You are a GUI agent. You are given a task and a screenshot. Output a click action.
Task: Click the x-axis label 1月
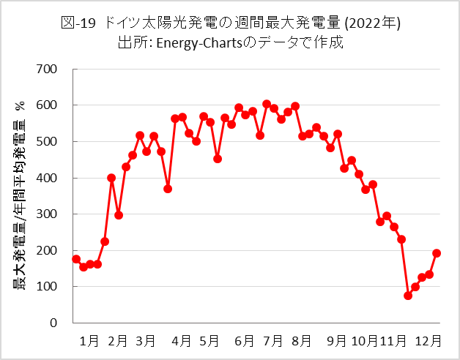(90, 340)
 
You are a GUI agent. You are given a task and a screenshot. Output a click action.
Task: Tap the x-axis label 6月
(245, 340)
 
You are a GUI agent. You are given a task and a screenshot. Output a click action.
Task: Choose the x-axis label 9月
(337, 340)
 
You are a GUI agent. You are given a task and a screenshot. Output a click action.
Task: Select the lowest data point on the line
(408, 296)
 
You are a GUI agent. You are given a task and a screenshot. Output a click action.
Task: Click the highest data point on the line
(267, 104)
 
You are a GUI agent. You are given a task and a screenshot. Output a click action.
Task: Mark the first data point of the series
(76, 259)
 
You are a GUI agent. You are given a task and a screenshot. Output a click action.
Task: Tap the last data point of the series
(437, 253)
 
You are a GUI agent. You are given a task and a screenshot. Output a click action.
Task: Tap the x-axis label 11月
(394, 340)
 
